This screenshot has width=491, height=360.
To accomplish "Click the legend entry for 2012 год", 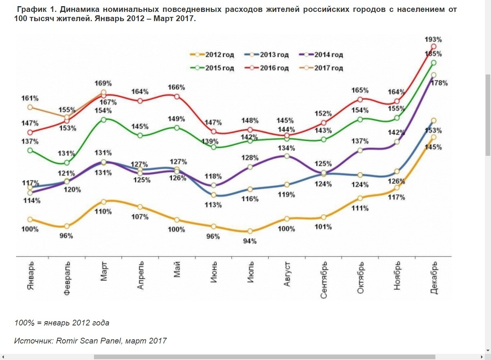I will coord(212,55).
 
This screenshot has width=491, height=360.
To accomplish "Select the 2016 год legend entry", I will coord(266,68).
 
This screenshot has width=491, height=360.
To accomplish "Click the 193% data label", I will coord(433,39).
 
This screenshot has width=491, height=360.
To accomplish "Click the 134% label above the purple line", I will coord(287,148).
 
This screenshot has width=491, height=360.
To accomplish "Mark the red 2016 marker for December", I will coord(434,47).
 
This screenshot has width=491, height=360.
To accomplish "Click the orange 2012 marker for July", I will coord(250,231).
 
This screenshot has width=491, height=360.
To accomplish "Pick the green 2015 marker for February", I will coord(67,163).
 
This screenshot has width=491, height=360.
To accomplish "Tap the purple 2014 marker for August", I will coord(287,156).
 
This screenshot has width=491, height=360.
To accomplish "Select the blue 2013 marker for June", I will coord(214,195).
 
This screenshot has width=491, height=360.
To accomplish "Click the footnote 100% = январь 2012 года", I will coord(62,323).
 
